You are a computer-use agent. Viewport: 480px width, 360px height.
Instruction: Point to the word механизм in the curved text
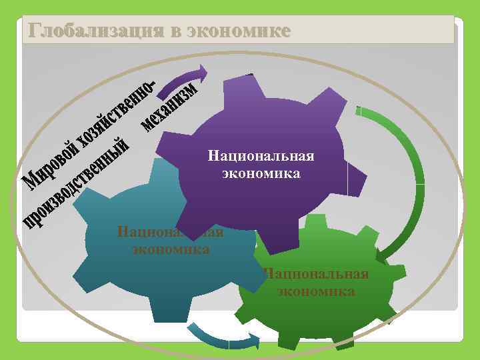[x=170, y=106]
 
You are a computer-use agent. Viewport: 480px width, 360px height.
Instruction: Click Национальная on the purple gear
[x=261, y=157]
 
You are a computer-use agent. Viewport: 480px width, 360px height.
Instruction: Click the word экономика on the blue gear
[x=171, y=250]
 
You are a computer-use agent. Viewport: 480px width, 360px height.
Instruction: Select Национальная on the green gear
[x=316, y=275]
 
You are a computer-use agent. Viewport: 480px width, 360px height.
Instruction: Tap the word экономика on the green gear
[x=316, y=291]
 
